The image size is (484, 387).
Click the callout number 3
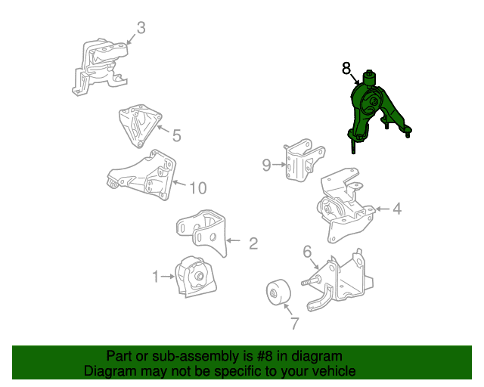pos(141,28)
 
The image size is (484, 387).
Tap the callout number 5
pos(176,135)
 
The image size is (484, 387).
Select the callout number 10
pos(198,188)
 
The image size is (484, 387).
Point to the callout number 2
pos(253,243)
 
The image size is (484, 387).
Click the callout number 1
pos(156,277)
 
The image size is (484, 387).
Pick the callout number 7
pos(295,324)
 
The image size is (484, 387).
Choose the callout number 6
pos(307,252)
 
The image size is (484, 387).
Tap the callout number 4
pos(397,209)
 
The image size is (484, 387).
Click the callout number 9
pos(266,165)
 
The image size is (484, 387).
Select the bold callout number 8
pos(346,68)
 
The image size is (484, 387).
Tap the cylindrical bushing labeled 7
pos(278,292)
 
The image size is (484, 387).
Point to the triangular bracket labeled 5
pos(140,125)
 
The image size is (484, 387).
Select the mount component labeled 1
pos(195,277)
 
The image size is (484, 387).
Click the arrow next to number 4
pos(382,209)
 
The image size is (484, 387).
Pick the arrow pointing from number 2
pos(234,240)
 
